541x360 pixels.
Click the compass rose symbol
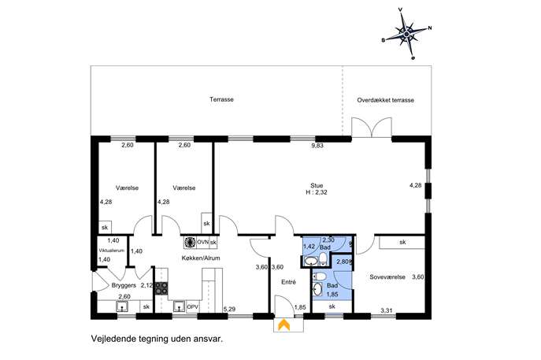coord(406,34)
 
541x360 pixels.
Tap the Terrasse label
coord(221,99)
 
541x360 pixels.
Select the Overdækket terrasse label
coord(385,100)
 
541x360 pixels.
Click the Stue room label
coord(317,186)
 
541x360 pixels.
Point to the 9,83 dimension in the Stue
coord(317,146)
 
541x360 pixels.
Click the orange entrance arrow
coord(284,325)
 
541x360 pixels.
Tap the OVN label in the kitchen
coord(202,242)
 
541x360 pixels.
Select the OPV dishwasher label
coord(192,307)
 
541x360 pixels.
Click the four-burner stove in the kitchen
coord(161,288)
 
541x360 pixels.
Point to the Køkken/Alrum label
coord(201,258)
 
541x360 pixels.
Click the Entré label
coord(288,282)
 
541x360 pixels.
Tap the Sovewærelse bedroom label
coord(387,276)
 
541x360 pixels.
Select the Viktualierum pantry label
coord(112,251)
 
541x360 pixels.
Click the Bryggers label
coord(124,285)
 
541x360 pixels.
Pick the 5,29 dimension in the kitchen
coord(229,310)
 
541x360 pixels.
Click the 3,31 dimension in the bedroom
coord(387,310)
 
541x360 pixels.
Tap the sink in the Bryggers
coord(122,306)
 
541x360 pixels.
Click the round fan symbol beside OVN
coord(190,243)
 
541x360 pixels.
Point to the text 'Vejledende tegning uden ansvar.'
coord(157,339)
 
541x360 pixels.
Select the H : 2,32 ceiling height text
coord(317,192)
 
